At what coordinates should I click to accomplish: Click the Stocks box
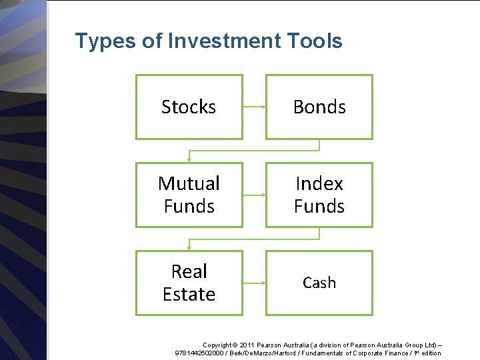point(189,107)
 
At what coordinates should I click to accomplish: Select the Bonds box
point(319,107)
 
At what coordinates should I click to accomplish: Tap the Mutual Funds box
point(189,195)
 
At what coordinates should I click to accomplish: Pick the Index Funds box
point(319,195)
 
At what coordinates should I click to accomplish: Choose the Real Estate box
point(189,283)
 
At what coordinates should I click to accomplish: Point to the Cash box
point(319,283)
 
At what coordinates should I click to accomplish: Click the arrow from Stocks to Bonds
point(254,107)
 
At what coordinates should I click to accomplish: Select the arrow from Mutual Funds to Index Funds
point(254,195)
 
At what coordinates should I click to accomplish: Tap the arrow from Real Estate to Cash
point(254,283)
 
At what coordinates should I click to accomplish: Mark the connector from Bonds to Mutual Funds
point(254,151)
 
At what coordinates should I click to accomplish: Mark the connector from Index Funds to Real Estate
point(254,239)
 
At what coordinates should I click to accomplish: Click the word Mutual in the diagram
point(189,183)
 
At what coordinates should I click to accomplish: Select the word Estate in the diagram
point(189,294)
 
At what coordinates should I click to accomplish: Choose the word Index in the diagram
point(319,183)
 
